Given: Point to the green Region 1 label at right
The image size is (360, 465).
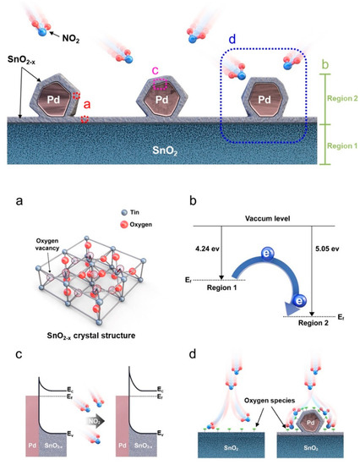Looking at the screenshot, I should [x=337, y=145].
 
